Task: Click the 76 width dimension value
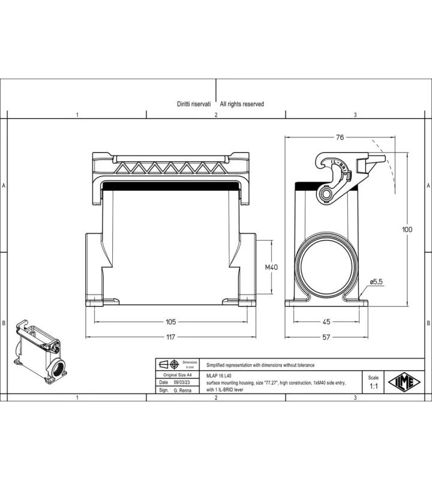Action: [340, 137]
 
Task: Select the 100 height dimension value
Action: [407, 229]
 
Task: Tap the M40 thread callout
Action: [271, 267]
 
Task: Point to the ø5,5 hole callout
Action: [376, 281]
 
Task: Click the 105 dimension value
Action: [171, 322]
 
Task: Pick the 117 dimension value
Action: [170, 337]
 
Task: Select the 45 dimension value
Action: [326, 322]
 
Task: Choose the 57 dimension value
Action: [326, 337]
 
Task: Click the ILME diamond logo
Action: [404, 382]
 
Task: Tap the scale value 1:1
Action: [374, 386]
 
